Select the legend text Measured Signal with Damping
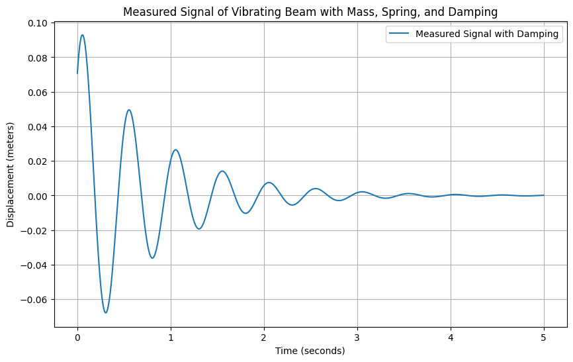click(x=487, y=34)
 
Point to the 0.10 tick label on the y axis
click(x=38, y=23)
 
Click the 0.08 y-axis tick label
click(x=38, y=58)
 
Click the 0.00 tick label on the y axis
click(x=38, y=196)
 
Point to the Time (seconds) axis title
click(x=310, y=351)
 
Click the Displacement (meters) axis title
click(x=11, y=175)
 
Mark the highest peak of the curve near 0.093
click(x=82, y=35)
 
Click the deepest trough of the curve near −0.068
click(x=105, y=312)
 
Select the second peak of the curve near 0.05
click(x=129, y=110)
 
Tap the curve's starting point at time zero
click(x=77, y=73)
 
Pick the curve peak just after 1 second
click(x=175, y=150)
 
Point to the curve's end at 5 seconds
click(x=544, y=195)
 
